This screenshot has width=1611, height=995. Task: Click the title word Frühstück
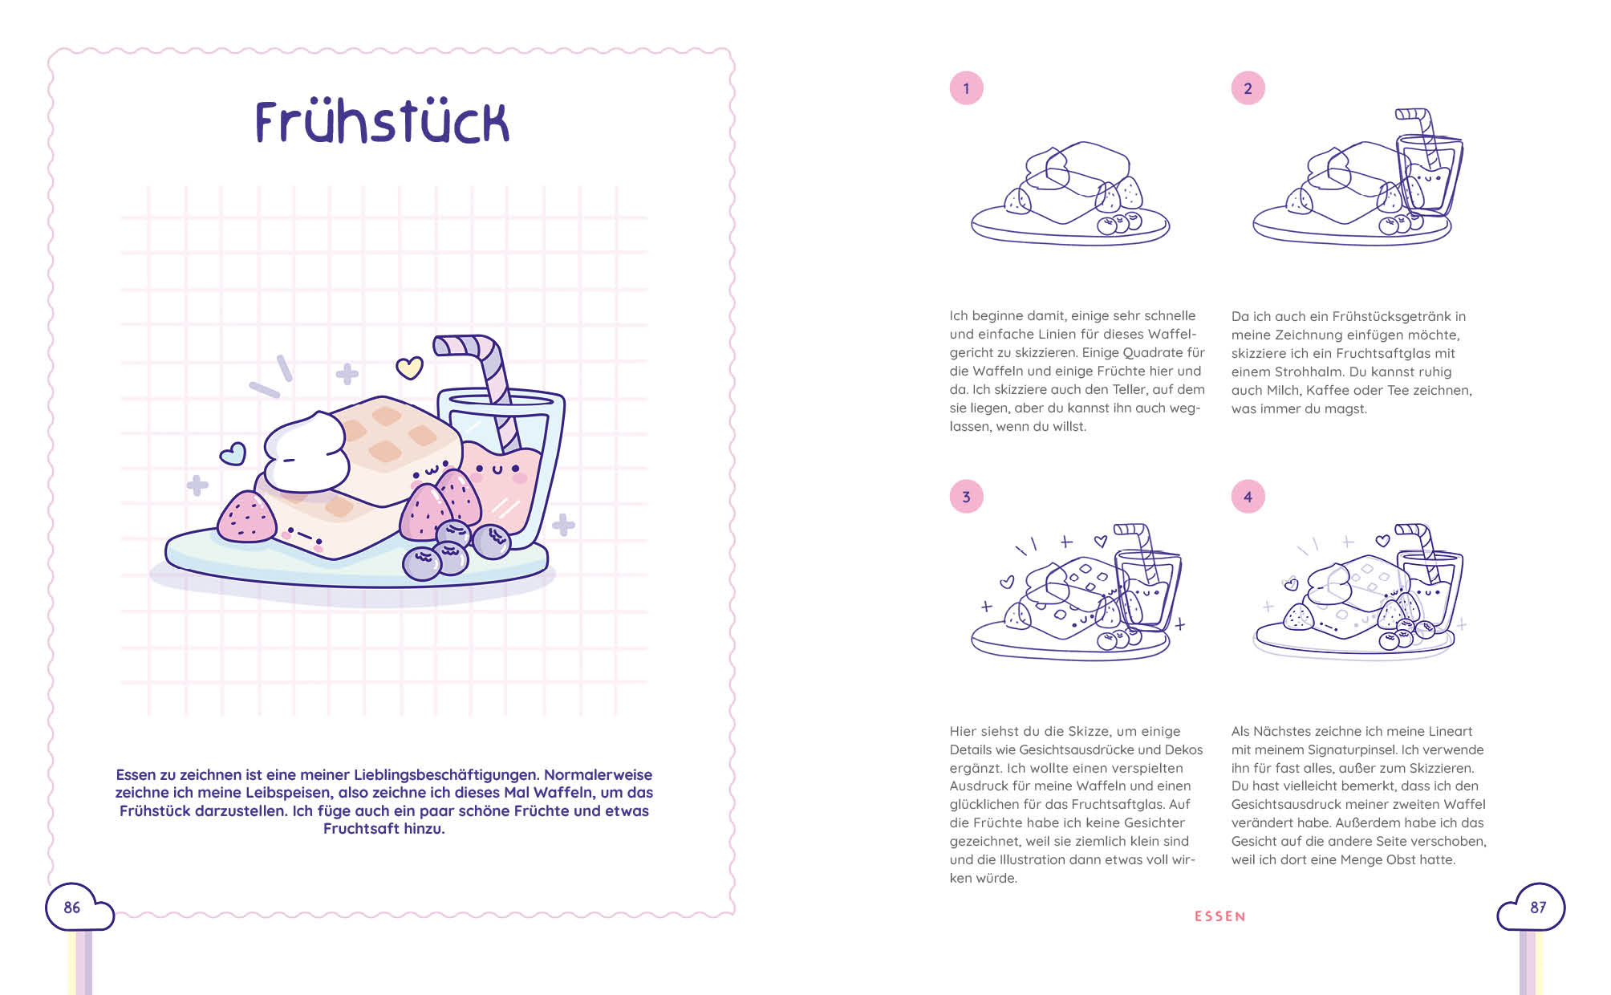382,122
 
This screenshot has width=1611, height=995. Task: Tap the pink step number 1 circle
966,88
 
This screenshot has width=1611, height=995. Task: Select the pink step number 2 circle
1248,88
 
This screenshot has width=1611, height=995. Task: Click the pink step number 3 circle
966,497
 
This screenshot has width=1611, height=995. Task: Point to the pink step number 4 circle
1248,497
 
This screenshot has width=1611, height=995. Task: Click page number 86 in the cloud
72,908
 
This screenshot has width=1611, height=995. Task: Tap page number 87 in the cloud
1538,908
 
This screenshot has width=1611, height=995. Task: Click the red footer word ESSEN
1219,916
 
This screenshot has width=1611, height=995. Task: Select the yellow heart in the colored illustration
409,368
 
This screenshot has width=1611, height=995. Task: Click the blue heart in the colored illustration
233,454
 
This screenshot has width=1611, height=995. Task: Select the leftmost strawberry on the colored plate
247,518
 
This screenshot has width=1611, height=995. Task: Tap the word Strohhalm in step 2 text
1305,372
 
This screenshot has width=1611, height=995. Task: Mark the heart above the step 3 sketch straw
1101,542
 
